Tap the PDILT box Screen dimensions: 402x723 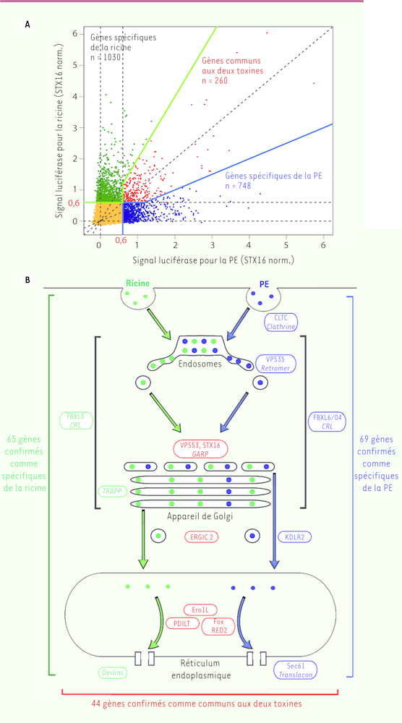click(x=182, y=623)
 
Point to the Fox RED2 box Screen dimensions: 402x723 click(x=218, y=626)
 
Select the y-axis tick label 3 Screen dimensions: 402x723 click(x=74, y=127)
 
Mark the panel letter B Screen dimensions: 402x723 click(x=27, y=280)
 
